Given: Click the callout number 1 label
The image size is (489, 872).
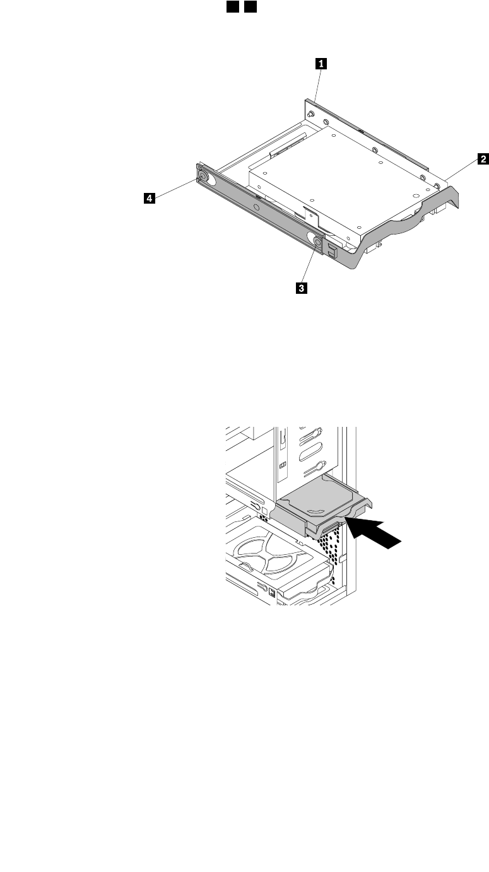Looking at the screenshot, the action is point(322,63).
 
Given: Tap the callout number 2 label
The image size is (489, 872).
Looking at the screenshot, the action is point(483,160).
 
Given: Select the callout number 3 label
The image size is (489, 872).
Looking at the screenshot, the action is point(302,288).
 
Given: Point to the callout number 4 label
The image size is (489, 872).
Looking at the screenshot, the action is point(149,199).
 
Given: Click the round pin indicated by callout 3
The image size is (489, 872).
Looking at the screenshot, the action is point(317,240).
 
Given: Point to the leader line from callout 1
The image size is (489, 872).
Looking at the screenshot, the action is point(317,84).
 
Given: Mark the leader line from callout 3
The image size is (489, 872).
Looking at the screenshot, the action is point(309,265).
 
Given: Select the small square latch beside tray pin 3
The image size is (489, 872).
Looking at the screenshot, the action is point(332,250).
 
